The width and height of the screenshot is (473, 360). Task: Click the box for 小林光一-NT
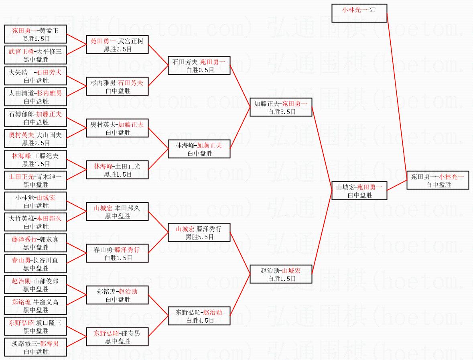coord(359,13)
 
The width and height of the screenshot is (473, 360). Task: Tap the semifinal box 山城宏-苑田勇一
coord(359,191)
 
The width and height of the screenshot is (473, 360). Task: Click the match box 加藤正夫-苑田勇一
coord(280,107)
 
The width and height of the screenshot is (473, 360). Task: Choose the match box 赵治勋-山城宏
coord(280,274)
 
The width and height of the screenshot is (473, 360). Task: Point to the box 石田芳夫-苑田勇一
coord(199,65)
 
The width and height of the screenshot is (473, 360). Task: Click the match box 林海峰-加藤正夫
coord(199,149)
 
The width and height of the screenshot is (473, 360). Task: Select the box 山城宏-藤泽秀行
coord(199,232)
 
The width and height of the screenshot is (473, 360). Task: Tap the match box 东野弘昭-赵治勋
coord(199,316)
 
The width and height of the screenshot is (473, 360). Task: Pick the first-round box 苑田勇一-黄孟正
coord(35,34)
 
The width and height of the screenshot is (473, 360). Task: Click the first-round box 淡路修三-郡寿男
coord(35,347)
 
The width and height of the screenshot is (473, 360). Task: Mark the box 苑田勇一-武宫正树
coord(118,45)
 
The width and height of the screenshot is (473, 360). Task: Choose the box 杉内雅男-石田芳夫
coord(118,86)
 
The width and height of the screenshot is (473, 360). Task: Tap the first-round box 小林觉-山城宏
coord(35,201)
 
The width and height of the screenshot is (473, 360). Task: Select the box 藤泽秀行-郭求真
coord(35,243)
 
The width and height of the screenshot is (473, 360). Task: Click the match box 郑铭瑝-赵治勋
coord(118,295)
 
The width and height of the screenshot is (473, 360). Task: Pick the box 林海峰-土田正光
coord(118,170)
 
